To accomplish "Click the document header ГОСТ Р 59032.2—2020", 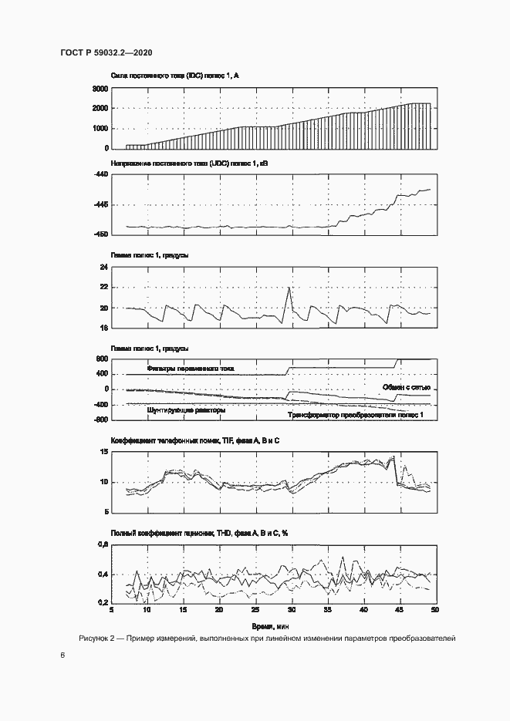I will pos(105,53).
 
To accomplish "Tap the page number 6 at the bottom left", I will pos(62,655).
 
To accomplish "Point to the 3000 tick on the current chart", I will pos(99,89).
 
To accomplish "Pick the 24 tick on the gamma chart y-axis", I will pos(102,268).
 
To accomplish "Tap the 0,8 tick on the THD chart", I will pos(100,545).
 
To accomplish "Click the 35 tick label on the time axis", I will pos(327,610).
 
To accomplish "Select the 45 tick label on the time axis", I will pos(399,610).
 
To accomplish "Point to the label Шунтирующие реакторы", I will pos(186,411).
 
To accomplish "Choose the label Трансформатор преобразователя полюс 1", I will pos(356,416).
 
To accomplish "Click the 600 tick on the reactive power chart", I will pos(100,359).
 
